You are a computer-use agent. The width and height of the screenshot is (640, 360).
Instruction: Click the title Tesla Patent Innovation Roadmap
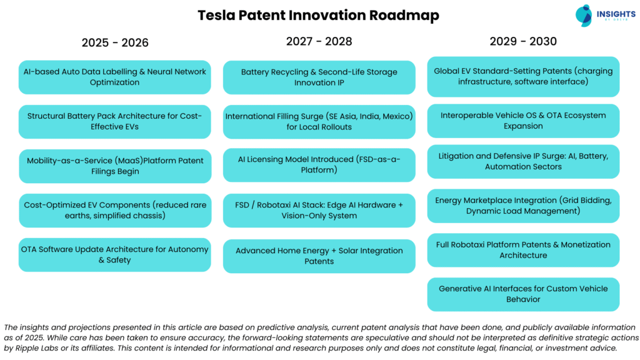318,15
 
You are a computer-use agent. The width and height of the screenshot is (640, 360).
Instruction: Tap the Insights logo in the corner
602,15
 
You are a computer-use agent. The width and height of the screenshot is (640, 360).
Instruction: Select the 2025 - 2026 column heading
115,42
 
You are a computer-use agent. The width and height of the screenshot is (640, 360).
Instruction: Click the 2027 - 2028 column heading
319,41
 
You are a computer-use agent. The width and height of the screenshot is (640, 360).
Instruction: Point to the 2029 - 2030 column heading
523,41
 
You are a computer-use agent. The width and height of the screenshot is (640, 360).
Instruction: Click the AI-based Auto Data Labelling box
115,77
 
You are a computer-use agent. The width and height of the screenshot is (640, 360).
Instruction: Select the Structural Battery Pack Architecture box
115,121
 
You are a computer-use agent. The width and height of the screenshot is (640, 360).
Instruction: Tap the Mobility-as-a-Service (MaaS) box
115,166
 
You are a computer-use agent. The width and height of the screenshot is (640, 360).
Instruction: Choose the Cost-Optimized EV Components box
115,210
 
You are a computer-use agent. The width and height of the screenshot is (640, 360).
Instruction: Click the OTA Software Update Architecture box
115,254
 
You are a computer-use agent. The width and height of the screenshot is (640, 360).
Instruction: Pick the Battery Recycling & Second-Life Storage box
319,77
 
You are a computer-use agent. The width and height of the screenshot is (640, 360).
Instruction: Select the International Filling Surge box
319,121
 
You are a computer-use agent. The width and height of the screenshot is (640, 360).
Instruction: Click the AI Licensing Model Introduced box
319,164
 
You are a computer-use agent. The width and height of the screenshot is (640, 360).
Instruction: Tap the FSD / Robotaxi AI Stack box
319,210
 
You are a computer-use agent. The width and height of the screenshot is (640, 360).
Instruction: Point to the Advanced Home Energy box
319,256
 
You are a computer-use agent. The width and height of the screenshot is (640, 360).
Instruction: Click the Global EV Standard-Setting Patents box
523,76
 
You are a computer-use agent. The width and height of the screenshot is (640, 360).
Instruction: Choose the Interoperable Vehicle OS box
523,121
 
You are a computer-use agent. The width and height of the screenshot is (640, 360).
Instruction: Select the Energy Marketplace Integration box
523,206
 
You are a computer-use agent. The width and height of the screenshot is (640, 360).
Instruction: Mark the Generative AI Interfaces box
523,294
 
